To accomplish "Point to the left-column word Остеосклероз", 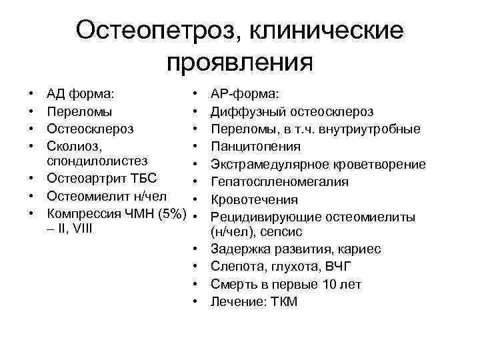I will [91, 129].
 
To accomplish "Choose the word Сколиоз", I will [73, 146].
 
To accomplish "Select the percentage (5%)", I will [169, 215].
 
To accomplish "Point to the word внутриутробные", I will [375, 129].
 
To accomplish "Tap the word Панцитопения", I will [255, 146].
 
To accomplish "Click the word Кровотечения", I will [254, 199].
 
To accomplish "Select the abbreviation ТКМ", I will [283, 302].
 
